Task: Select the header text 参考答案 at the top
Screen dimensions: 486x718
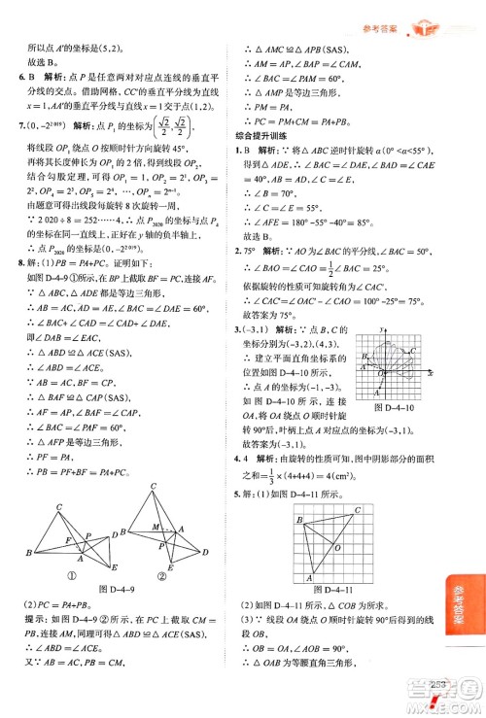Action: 377,12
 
